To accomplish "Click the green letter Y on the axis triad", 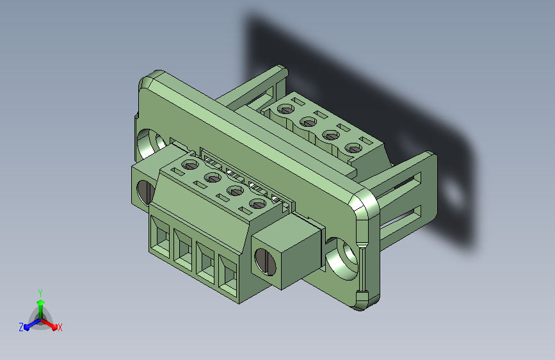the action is [x=40, y=293].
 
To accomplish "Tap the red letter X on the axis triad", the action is [x=60, y=327].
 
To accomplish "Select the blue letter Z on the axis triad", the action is [x=21, y=327].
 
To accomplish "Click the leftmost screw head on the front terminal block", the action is [x=191, y=165].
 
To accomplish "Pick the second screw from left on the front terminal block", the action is [x=213, y=178].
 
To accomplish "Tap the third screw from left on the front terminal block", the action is [x=236, y=191].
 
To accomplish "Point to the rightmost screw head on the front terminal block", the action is [x=258, y=204].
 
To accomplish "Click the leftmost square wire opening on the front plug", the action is [x=160, y=236].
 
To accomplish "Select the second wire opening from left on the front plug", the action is [x=182, y=249].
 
